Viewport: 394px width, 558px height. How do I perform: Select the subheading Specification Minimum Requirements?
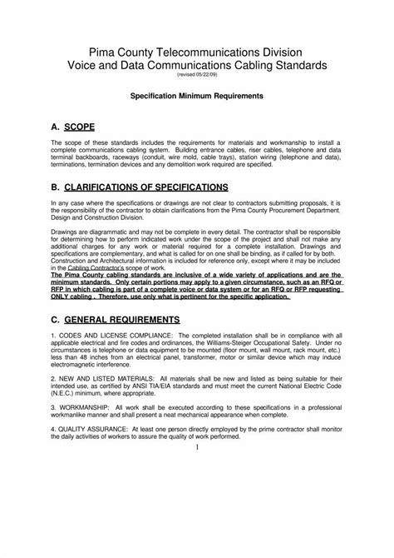[197, 97]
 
